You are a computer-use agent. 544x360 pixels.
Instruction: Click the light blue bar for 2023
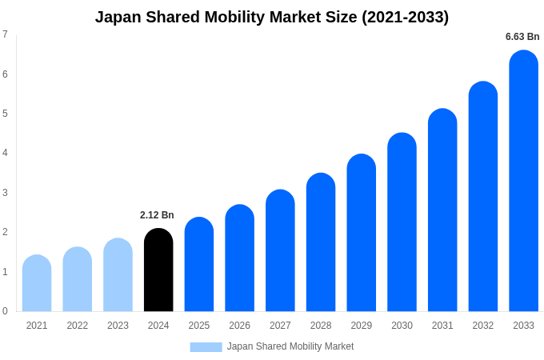(x=118, y=275)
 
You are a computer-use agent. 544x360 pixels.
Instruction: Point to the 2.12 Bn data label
(x=157, y=215)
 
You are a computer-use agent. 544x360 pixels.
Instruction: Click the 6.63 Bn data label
(x=522, y=37)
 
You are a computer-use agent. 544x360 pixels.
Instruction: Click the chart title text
(x=272, y=17)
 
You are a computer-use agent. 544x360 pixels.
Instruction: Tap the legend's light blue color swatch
(x=206, y=346)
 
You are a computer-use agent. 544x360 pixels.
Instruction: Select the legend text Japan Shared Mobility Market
(x=290, y=346)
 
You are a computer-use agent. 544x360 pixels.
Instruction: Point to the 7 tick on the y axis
(x=5, y=34)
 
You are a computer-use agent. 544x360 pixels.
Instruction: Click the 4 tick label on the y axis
(x=5, y=153)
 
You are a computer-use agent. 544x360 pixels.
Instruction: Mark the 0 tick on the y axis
(x=5, y=311)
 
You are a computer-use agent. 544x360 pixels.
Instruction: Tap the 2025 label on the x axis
(x=199, y=326)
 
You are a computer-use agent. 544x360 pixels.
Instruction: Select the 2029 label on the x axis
(x=361, y=326)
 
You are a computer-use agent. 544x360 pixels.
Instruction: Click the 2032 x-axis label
(x=482, y=326)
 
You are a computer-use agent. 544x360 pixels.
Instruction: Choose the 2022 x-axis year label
(x=78, y=326)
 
